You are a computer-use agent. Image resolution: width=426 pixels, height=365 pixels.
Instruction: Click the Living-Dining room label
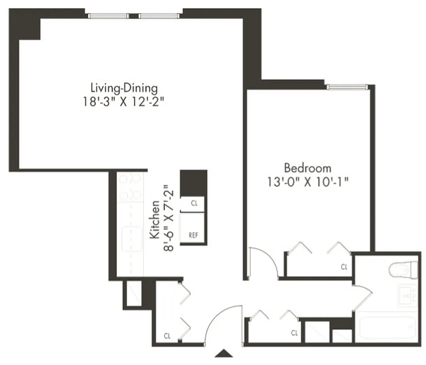click(x=124, y=87)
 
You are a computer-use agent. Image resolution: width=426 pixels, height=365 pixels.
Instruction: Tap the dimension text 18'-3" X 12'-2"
click(x=124, y=101)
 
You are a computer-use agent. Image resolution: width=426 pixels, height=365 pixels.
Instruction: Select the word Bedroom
click(x=308, y=167)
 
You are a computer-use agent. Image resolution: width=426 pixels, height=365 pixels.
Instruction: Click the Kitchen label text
click(x=154, y=219)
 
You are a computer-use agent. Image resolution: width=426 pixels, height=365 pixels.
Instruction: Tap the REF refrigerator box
click(x=194, y=235)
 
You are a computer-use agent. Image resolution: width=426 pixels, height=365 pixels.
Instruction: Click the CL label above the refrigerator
click(x=194, y=203)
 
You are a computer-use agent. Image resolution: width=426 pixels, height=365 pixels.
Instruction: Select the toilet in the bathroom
click(x=404, y=270)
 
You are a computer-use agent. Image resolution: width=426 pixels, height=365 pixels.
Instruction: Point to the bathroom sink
click(x=407, y=296)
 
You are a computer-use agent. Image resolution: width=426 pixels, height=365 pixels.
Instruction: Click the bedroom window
click(x=347, y=86)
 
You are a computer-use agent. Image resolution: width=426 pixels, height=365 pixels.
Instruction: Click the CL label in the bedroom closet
click(x=344, y=267)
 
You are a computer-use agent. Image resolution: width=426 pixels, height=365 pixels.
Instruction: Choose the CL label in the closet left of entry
click(x=167, y=336)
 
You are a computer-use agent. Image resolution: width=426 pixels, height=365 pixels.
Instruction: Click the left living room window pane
click(x=108, y=16)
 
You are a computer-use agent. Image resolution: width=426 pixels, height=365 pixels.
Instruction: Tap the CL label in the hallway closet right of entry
click(x=294, y=333)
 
